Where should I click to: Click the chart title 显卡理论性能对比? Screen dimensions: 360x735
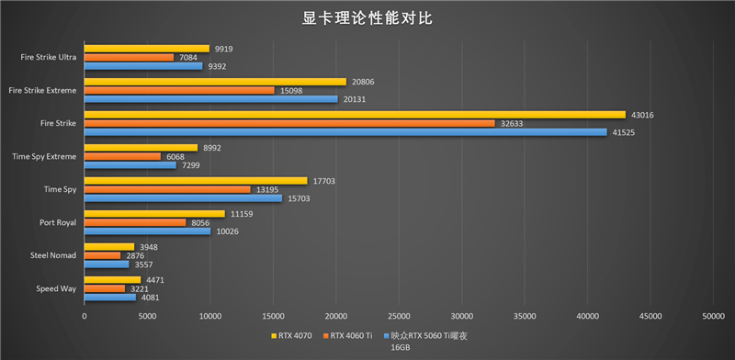367,17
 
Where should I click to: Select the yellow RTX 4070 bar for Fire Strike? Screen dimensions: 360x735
355,115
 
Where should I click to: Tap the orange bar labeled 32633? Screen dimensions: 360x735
289,123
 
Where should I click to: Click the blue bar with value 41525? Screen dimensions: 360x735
345,132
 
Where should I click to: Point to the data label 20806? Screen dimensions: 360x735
362,82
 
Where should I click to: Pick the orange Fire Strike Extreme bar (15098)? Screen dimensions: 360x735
179,90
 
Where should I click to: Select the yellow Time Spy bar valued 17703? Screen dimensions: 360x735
196,181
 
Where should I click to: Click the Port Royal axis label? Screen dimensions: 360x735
57,222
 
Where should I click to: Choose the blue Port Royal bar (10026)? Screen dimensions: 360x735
147,231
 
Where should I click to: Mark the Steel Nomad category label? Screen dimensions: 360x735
54,255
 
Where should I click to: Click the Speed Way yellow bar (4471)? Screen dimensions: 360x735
112,280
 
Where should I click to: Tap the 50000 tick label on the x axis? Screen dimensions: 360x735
713,315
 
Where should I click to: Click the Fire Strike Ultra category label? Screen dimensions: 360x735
49,57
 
